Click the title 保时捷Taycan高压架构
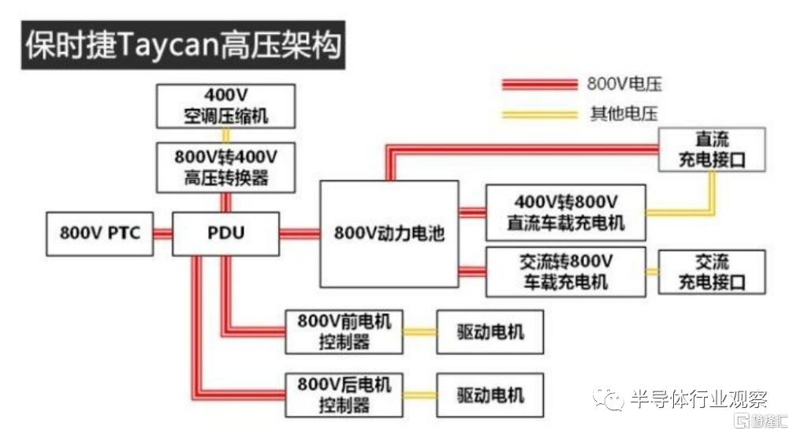(183, 45)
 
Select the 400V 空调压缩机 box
(225, 107)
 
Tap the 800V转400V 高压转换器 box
(225, 167)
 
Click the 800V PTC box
(99, 234)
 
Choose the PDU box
(225, 234)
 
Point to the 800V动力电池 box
(389, 234)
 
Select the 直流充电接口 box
(712, 149)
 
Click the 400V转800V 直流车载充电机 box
(565, 212)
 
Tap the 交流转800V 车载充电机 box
(565, 272)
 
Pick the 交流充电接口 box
(712, 272)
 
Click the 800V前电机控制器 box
(344, 331)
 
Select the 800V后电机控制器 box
(344, 395)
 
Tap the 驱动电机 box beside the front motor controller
(490, 331)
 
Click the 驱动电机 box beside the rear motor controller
(490, 395)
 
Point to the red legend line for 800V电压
(540, 84)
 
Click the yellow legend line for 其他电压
(540, 114)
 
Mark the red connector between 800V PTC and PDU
(163, 234)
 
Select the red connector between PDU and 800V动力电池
(300, 234)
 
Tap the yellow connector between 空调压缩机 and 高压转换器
(226, 136)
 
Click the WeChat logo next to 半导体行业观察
(609, 399)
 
